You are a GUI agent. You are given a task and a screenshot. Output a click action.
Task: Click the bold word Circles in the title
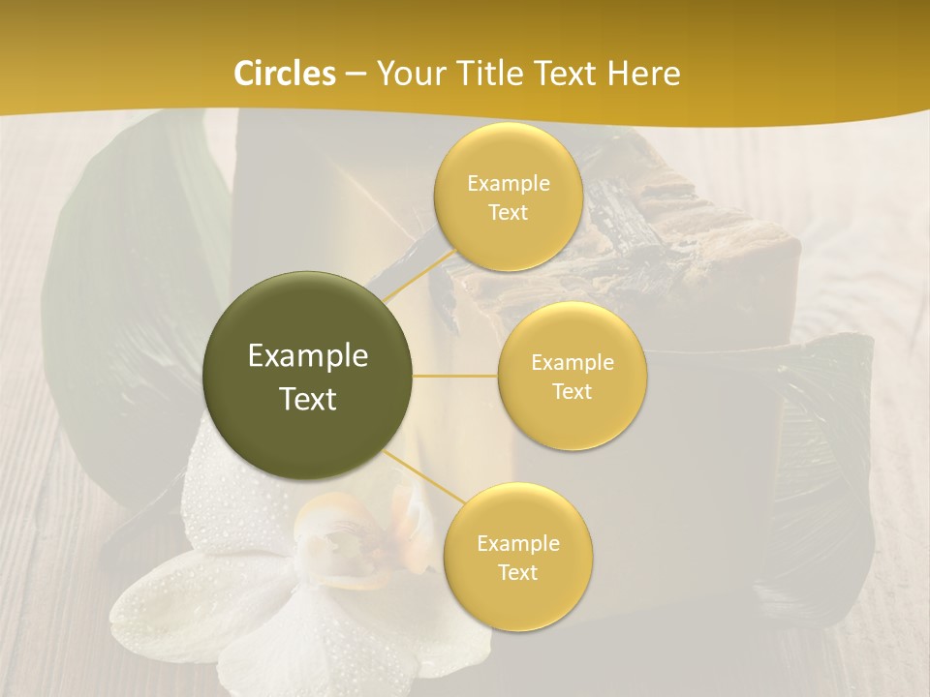coord(285,74)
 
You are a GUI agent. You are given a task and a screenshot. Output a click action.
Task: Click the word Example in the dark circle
coord(308,356)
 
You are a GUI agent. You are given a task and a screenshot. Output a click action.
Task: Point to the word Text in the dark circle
coord(308,399)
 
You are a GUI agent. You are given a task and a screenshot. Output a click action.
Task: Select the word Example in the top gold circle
coord(508,184)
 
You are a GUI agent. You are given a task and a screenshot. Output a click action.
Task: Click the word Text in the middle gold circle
coord(573,392)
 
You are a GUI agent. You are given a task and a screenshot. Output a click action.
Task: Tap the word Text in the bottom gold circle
coord(517,573)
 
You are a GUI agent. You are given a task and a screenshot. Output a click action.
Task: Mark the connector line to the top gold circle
coord(418,281)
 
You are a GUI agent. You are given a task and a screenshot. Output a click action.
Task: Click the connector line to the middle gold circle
coord(455,376)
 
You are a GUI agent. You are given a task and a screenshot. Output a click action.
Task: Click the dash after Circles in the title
coord(356,74)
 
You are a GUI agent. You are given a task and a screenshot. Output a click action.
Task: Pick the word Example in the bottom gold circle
coord(517,544)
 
